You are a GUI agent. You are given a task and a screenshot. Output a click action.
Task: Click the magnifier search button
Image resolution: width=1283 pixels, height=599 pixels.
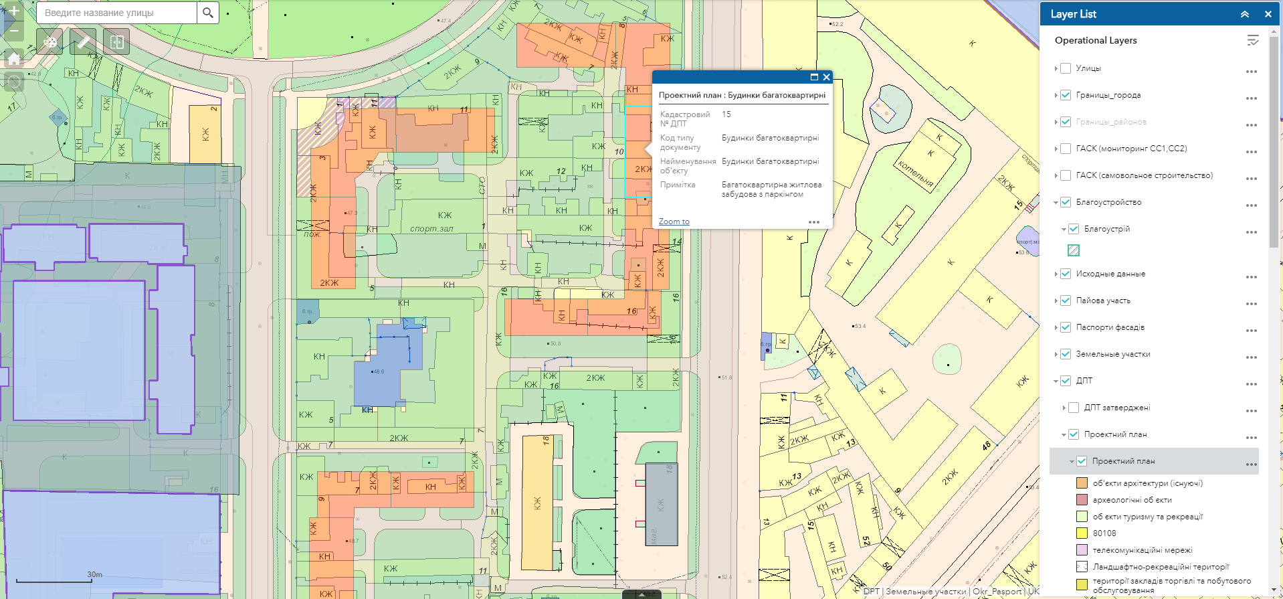pos(208,13)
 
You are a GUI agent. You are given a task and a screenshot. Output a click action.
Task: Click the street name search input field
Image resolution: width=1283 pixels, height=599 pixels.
pos(117,13)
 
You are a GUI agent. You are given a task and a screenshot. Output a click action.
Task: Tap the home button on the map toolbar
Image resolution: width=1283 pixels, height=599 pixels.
pos(14,58)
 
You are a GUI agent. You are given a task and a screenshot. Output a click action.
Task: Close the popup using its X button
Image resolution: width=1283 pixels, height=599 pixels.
pos(827,77)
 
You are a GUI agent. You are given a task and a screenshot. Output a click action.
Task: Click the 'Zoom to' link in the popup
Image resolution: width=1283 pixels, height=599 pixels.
pos(674,222)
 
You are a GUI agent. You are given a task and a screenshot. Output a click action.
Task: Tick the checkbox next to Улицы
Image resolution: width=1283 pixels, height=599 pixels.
pos(1066,68)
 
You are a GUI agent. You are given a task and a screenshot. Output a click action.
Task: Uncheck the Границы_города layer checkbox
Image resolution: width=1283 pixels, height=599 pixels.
pos(1066,95)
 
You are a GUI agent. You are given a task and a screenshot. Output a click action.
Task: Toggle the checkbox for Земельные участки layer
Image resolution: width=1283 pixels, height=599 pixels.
pos(1066,354)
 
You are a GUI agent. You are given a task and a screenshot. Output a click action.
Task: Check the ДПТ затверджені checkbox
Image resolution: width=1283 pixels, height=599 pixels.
pos(1074,408)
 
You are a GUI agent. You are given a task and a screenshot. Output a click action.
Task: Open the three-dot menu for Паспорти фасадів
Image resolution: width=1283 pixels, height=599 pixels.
pos(1251,330)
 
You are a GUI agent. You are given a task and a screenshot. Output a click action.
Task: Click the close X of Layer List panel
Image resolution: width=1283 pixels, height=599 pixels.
pos(1268,14)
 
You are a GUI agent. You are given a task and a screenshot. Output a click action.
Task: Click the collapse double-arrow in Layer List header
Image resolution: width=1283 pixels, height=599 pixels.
pos(1245,14)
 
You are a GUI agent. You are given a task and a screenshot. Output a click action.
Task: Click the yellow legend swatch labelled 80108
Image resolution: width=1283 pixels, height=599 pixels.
pos(1082,533)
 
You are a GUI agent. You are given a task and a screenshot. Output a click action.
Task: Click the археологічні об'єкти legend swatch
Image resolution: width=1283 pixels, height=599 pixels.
pos(1082,500)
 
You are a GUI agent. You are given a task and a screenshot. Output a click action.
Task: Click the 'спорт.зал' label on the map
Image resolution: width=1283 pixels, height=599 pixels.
pos(431,229)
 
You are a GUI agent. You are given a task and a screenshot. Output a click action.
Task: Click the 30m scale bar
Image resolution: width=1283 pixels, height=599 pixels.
pos(54,580)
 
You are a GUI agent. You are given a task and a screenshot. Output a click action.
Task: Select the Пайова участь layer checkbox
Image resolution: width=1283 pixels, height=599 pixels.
pos(1066,301)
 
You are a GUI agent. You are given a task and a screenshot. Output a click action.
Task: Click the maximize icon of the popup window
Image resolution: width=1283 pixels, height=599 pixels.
pos(814,77)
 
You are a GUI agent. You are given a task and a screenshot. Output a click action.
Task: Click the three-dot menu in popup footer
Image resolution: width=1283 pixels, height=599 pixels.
pos(814,222)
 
